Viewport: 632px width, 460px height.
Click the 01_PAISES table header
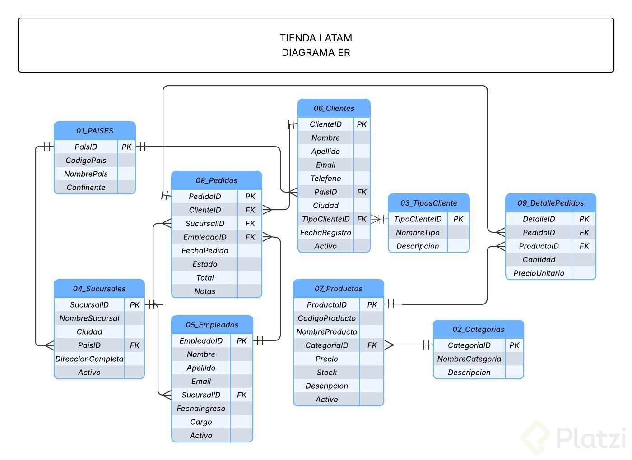[x=94, y=131]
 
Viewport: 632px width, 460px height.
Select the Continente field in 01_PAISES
[x=86, y=188]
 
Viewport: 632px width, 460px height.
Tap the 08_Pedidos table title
[x=216, y=180]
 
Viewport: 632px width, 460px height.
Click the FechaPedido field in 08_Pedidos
[x=204, y=251]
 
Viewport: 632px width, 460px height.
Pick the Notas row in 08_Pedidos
[x=204, y=291]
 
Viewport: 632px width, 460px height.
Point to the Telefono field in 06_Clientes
[x=325, y=179]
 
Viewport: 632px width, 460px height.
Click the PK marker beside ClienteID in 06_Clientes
[x=362, y=124]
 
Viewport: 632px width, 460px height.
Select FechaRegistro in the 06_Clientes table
[x=325, y=233]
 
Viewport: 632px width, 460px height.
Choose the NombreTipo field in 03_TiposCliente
[x=418, y=233]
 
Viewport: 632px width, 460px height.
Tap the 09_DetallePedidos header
[x=550, y=203]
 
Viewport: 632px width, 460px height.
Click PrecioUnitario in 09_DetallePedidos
[x=539, y=273]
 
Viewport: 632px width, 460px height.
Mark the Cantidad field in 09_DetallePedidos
[x=539, y=260]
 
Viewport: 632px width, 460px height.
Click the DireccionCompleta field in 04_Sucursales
[x=89, y=359]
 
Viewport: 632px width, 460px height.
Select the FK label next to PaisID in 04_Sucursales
[x=135, y=345]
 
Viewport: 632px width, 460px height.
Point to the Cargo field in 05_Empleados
[x=201, y=422]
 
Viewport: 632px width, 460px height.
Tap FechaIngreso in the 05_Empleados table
[x=201, y=409]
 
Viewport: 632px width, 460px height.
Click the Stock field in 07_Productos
[x=326, y=373]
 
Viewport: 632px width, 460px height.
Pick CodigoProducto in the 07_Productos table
[x=326, y=318]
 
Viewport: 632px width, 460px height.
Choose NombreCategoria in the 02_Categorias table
[x=469, y=359]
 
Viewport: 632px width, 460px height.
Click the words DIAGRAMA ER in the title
[x=316, y=52]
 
